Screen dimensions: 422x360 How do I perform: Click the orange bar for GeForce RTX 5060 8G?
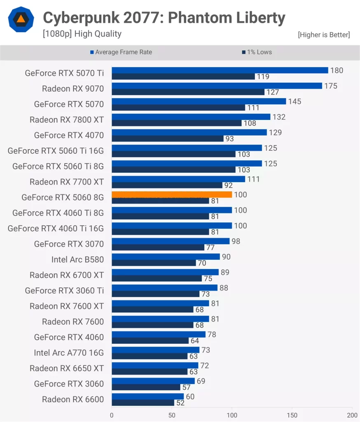(172, 195)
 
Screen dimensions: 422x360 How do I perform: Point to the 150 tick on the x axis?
(292, 415)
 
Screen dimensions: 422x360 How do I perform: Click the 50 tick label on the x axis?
(172, 415)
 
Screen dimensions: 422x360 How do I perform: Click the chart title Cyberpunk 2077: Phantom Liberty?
(164, 18)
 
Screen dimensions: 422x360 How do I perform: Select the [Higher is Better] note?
(324, 35)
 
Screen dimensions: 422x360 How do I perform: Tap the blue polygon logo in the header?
(21, 20)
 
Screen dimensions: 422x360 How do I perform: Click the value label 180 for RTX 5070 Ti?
(337, 70)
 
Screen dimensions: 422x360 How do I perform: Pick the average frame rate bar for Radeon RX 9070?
(217, 86)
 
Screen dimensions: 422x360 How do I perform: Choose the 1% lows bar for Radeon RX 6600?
(143, 403)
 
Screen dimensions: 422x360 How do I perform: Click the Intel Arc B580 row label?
(77, 259)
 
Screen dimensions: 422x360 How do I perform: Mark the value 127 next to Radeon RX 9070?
(273, 92)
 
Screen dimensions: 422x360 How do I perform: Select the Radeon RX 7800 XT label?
(67, 120)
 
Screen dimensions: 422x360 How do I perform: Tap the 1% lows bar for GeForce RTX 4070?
(167, 139)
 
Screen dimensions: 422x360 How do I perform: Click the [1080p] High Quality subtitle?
(82, 34)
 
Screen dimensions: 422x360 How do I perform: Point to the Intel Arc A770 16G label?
(69, 352)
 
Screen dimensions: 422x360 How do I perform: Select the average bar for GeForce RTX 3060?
(153, 381)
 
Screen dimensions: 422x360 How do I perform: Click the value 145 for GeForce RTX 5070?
(295, 101)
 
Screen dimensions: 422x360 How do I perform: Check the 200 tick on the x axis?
(352, 415)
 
